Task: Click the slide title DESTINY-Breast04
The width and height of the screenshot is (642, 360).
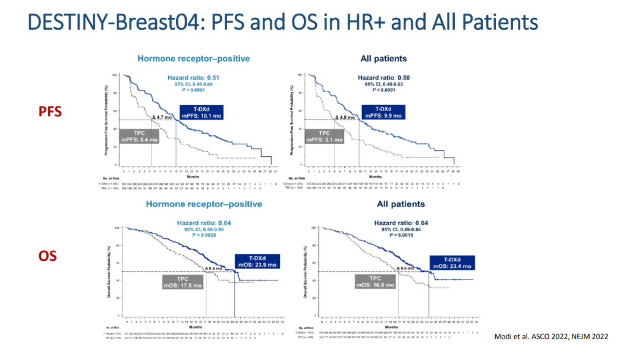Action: [x=282, y=22]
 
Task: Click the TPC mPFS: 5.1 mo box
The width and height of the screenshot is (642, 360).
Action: [x=324, y=136]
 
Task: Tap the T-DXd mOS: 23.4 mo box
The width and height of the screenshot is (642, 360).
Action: [x=450, y=262]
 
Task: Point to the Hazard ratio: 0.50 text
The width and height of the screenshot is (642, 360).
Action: [x=383, y=78]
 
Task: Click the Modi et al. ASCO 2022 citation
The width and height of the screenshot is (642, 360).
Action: [x=550, y=337]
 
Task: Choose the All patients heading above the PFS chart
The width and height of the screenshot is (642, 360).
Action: [x=384, y=59]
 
